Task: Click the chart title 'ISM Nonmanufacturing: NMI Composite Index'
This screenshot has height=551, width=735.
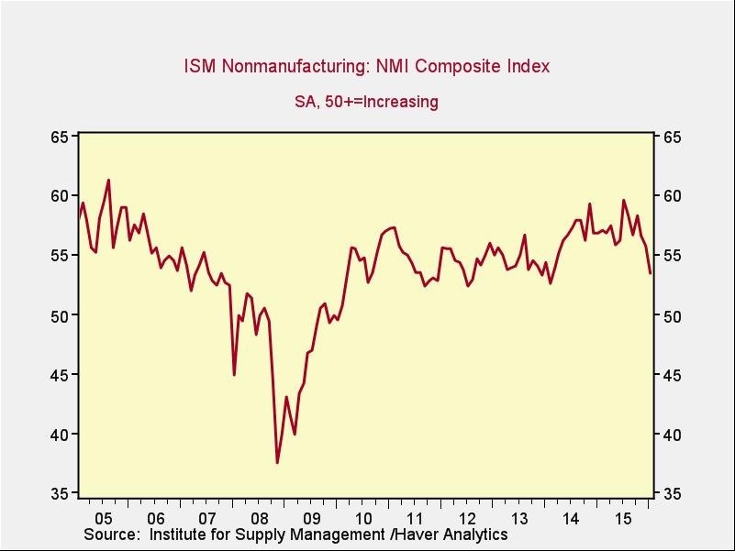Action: tap(367, 67)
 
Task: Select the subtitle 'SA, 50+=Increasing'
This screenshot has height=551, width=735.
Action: tap(366, 102)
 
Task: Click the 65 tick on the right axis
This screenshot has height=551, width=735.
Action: tap(672, 137)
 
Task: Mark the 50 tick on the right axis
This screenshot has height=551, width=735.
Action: tap(672, 315)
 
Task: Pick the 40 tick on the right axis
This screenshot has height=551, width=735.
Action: tap(672, 435)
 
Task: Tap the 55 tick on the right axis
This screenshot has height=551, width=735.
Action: tap(672, 256)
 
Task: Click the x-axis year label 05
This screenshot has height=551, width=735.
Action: tap(104, 516)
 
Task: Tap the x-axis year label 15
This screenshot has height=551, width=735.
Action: tap(624, 516)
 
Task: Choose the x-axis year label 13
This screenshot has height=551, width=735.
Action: tap(519, 516)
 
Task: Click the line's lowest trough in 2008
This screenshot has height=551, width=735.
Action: tap(277, 463)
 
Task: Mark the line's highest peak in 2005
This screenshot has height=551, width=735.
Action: tap(108, 180)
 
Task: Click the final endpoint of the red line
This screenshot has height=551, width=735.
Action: tap(651, 273)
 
